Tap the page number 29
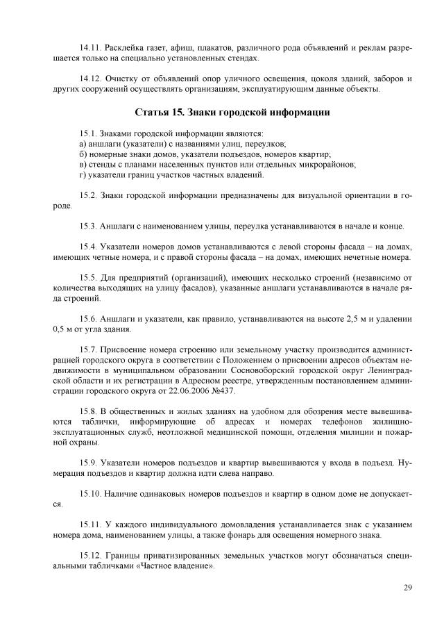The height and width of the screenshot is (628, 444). [408, 588]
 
